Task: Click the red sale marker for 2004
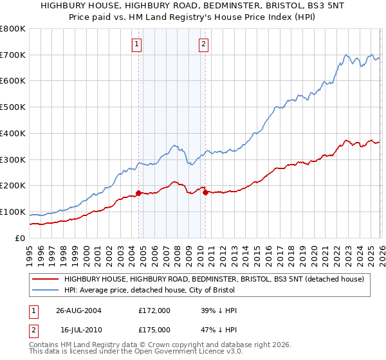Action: (138, 192)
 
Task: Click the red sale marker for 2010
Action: (205, 192)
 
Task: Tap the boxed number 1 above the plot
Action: (138, 44)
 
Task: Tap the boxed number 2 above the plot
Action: (203, 44)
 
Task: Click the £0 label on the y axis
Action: (19, 238)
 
